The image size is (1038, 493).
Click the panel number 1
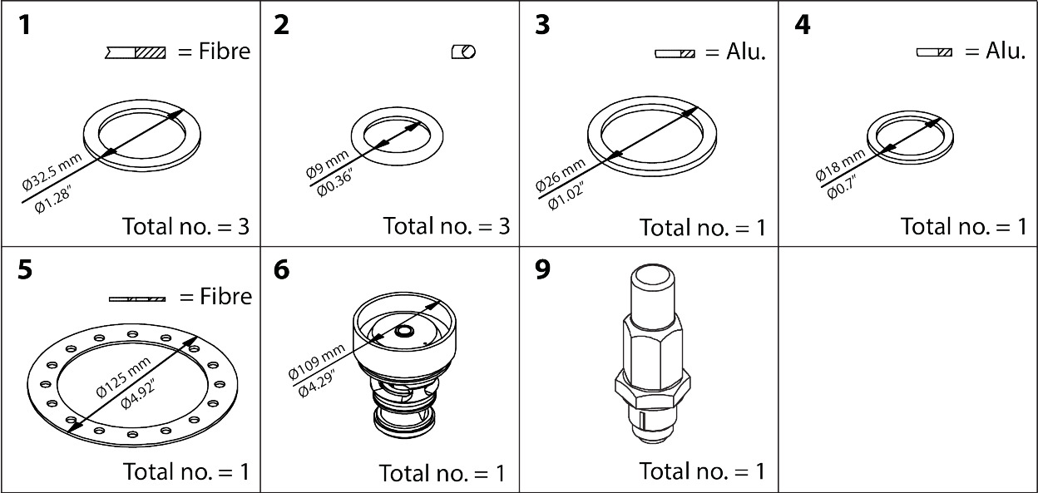(x=27, y=25)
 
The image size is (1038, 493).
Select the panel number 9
(x=543, y=272)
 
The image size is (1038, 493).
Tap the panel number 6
(x=282, y=272)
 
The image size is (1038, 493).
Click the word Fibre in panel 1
(x=225, y=52)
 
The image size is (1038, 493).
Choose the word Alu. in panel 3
(x=746, y=52)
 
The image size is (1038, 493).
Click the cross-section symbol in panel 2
(x=463, y=52)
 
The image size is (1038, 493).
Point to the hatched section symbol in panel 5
(x=137, y=298)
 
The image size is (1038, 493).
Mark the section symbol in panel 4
(x=934, y=52)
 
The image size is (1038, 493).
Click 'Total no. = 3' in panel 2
(x=446, y=225)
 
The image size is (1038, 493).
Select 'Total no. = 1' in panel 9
(x=702, y=471)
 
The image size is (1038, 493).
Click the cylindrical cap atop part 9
(x=655, y=295)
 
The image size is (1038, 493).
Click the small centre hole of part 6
(x=405, y=332)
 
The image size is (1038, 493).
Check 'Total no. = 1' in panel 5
(x=186, y=471)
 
